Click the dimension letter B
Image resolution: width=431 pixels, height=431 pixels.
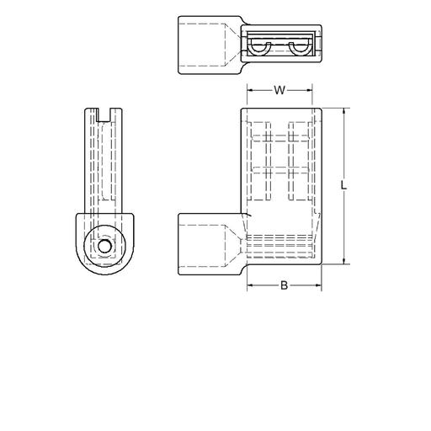coord(284,286)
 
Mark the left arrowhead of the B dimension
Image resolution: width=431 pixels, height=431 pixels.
coord(249,286)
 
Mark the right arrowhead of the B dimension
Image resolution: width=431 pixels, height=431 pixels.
coord(319,286)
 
